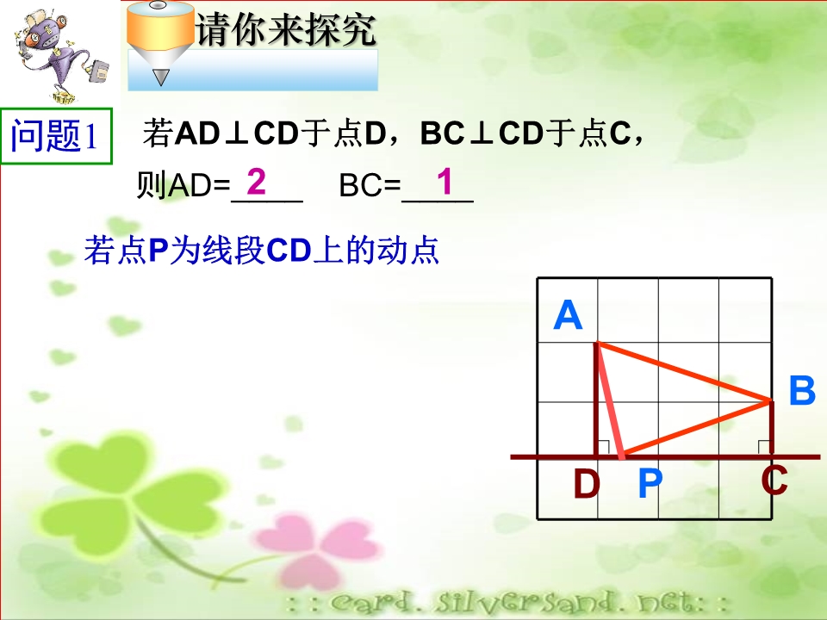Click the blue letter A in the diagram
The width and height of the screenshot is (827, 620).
coord(568,315)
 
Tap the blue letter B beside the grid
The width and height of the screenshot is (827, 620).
coord(802,391)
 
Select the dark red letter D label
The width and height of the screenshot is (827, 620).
coord(587,484)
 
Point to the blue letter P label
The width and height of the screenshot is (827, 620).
coord(650,483)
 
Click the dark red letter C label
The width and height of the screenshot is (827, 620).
coord(774,480)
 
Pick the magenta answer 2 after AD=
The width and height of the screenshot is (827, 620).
coord(257,182)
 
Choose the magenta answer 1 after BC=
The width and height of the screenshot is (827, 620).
coord(445,182)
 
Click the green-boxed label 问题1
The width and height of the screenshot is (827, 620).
coord(56,136)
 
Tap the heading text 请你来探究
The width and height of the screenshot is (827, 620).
coord(286,29)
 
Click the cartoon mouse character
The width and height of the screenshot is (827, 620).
coord(57,54)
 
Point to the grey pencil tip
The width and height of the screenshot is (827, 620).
coord(160,77)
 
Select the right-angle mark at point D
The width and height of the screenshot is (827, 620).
coord(603,447)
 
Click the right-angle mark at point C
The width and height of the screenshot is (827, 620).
coord(764,447)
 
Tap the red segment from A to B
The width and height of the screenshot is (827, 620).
coord(683,373)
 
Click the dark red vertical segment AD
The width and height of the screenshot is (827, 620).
coord(596,399)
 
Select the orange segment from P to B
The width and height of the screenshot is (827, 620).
coord(696,429)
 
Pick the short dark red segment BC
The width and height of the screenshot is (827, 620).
coord(772,428)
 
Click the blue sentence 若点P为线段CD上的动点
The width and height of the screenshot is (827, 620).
coord(262,250)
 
